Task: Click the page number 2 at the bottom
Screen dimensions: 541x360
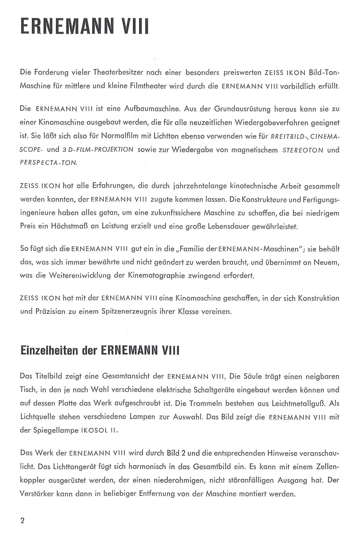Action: click(x=23, y=521)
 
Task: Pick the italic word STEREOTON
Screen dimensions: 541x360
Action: click(x=303, y=150)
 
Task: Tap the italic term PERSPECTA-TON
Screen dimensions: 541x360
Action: click(x=49, y=163)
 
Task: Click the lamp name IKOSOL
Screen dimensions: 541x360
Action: click(x=93, y=431)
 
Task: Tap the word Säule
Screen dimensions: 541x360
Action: click(x=253, y=377)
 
